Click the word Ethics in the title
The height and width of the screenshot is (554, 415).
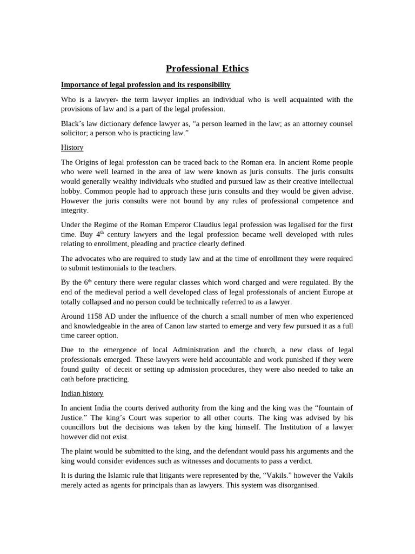click(235, 69)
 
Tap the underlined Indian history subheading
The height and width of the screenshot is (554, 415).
click(82, 393)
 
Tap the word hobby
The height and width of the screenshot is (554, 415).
click(71, 191)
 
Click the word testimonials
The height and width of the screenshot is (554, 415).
click(114, 268)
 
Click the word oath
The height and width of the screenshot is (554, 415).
click(69, 379)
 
